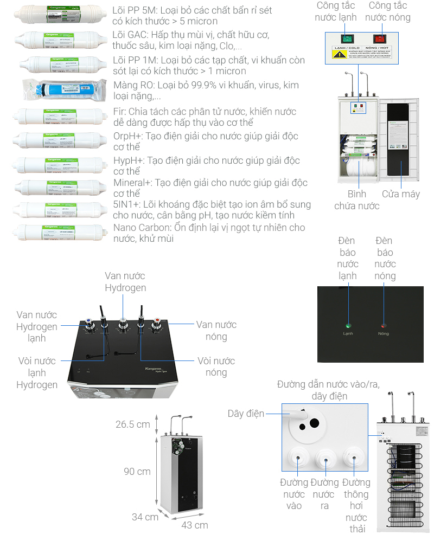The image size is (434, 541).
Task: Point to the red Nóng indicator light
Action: (x=384, y=326)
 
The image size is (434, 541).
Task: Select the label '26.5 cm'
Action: (x=132, y=424)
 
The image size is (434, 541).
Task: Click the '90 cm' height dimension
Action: (x=137, y=472)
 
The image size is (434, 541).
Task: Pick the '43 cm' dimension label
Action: (x=195, y=525)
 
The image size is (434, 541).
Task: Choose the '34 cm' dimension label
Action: (x=145, y=517)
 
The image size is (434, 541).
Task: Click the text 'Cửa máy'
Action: (x=400, y=194)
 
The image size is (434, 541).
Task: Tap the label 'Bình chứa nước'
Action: (x=356, y=199)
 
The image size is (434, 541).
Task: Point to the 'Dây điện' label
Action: (x=246, y=414)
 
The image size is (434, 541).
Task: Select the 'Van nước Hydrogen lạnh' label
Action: (x=36, y=326)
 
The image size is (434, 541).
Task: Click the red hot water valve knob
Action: (x=158, y=324)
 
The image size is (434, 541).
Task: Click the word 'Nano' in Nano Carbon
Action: (x=126, y=227)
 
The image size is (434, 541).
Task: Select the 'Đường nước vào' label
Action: (x=293, y=494)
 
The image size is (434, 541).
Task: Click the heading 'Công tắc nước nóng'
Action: (x=388, y=11)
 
